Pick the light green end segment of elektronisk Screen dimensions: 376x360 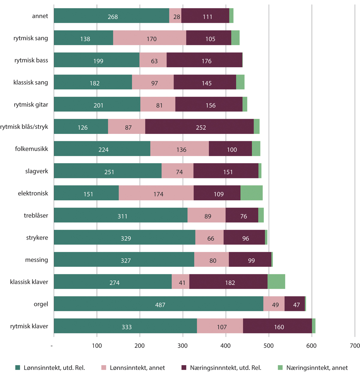click(251, 193)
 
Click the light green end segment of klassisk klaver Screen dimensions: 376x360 click(276, 281)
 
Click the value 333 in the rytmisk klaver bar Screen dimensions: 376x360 click(127, 327)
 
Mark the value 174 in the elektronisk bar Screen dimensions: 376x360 click(158, 194)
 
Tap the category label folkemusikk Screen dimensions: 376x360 click(31, 149)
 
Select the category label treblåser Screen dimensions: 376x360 click(36, 215)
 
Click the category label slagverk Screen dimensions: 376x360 click(37, 171)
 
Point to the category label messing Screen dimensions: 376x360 click(37, 260)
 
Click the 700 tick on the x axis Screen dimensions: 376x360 click(355, 346)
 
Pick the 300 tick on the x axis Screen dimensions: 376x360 click(183, 346)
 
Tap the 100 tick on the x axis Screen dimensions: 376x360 click(97, 346)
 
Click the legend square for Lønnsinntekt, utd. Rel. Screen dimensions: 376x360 click(18, 368)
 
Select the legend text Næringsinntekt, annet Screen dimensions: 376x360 click(317, 368)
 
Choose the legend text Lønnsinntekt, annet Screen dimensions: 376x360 click(137, 368)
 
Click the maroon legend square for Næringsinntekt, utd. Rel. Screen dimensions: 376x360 click(184, 368)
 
